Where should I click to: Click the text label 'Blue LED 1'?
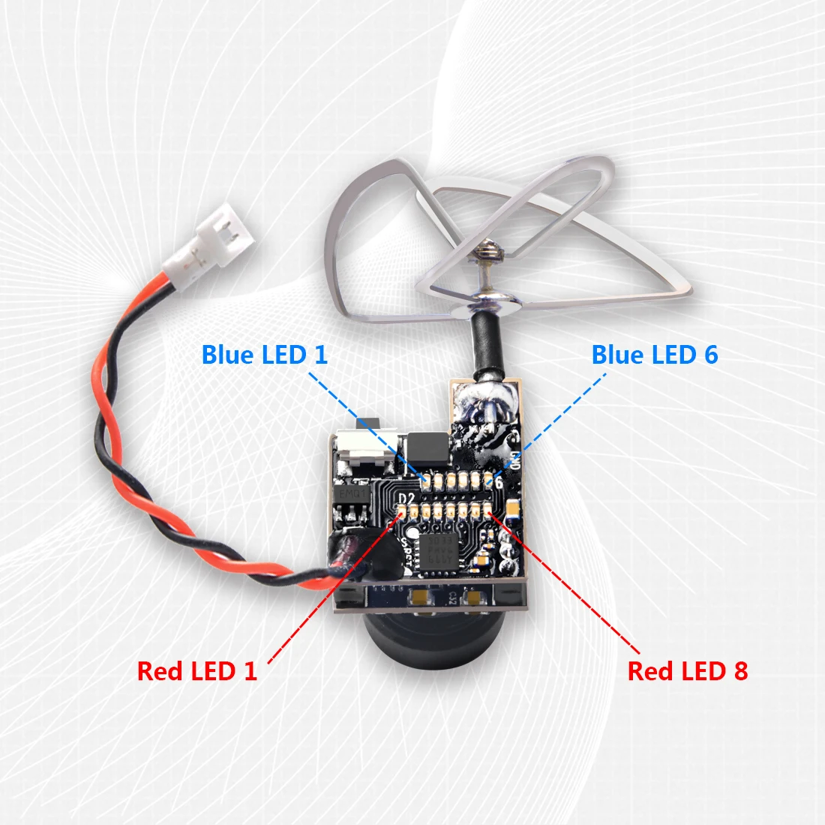coord(265,354)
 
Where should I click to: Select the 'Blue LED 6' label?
coord(654,354)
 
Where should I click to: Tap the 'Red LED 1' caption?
coord(197,670)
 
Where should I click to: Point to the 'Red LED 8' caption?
coord(687,670)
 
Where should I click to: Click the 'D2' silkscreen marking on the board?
coord(406,499)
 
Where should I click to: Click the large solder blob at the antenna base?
coord(484,405)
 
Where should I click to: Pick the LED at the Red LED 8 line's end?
coord(489,511)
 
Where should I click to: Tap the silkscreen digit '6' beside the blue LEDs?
coord(499,482)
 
